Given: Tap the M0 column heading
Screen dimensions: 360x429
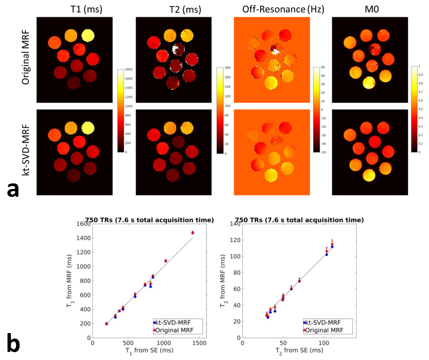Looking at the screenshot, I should [369, 9].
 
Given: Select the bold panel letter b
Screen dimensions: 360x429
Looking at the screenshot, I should [14, 344].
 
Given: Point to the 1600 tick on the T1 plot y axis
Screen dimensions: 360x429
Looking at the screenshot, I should [84, 224].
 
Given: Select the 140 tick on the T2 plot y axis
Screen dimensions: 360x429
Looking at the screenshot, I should [235, 224].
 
